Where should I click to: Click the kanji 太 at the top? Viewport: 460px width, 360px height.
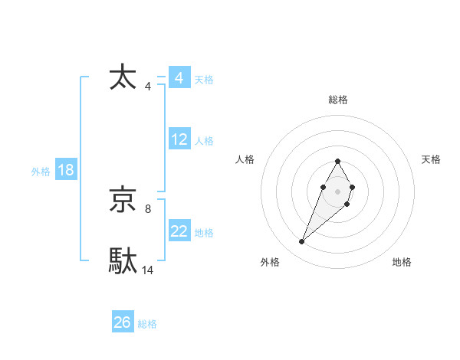coord(123,77)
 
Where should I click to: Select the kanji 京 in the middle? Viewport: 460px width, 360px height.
coord(123,200)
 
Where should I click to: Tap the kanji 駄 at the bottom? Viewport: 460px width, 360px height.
coord(123,260)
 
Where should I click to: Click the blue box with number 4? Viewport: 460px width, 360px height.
coord(179,78)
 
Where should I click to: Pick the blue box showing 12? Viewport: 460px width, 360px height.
coord(179,139)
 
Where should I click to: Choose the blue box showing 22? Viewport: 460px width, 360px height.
coord(179,231)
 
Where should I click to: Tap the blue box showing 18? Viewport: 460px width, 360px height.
coord(66,170)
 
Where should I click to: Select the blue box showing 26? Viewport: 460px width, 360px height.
coord(123,322)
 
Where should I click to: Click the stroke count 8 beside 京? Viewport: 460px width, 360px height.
coord(148,208)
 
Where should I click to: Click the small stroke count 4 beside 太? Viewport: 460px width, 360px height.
coord(148,86)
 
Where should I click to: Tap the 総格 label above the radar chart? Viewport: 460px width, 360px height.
coord(337,100)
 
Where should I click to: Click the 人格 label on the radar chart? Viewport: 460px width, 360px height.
coord(245,159)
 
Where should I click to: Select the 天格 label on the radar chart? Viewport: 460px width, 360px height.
coord(431,159)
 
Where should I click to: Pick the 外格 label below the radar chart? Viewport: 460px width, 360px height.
coord(270,263)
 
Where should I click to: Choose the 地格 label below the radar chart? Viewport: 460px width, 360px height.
coord(402,263)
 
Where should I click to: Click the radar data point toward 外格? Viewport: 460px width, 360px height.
coord(301,242)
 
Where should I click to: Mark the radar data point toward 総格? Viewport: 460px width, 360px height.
coord(337,162)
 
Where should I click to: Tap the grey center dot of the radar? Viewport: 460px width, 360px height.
coord(337,191)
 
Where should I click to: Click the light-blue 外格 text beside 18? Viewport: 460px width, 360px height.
coord(41,172)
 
